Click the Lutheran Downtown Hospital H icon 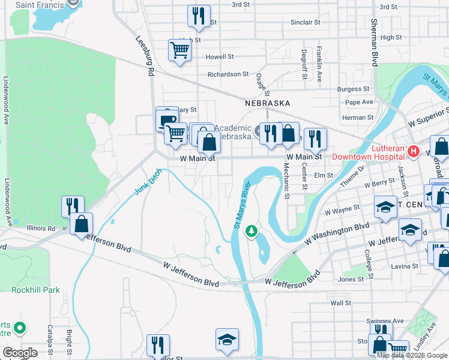(413, 152)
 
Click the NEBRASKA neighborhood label (268, 103)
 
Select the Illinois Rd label (41, 228)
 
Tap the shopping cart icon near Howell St (179, 50)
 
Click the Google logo (20, 353)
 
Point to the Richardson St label (228, 74)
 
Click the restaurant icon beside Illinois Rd (73, 206)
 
